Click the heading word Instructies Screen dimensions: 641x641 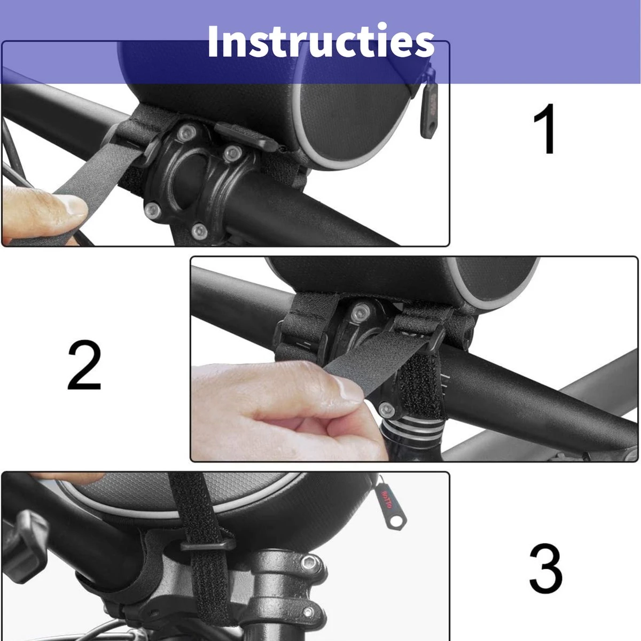tap(320, 42)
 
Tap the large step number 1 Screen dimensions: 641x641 tap(545, 129)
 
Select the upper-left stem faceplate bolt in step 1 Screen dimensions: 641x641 tap(185, 131)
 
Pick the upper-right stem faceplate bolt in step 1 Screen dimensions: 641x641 tap(231, 154)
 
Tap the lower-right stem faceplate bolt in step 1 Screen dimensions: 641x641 tap(199, 231)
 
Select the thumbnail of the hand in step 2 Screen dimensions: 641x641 tap(347, 394)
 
